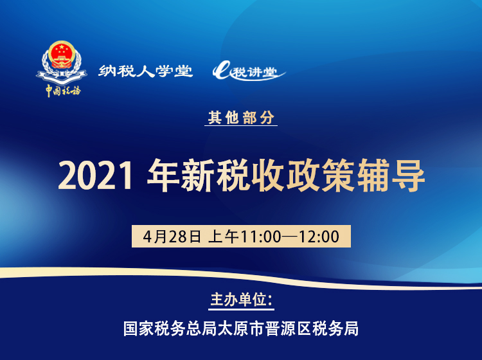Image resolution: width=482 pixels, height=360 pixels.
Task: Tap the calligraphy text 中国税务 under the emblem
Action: point(62,90)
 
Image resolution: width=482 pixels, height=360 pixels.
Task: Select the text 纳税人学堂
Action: point(146,71)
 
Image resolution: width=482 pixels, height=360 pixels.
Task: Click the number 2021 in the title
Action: point(96,175)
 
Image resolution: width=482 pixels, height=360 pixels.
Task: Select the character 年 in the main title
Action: point(162,175)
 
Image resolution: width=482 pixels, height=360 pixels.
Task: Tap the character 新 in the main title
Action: point(197,175)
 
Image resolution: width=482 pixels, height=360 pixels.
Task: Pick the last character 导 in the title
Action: point(407,175)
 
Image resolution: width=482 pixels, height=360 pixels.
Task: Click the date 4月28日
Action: point(172,236)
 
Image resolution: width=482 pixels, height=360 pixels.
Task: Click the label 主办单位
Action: point(241,300)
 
